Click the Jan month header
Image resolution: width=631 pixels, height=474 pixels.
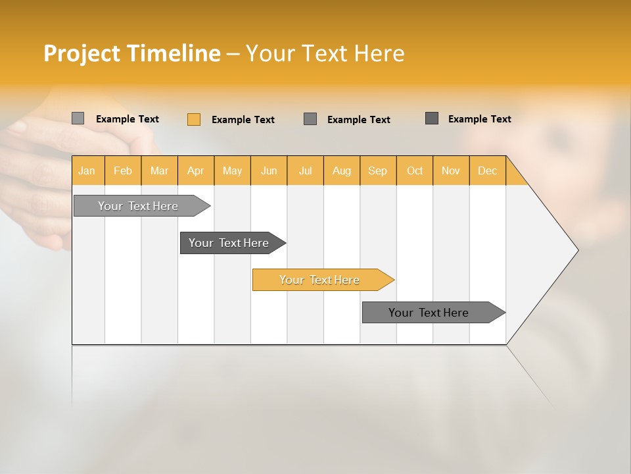tap(87, 171)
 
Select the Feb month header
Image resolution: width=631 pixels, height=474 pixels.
tap(123, 171)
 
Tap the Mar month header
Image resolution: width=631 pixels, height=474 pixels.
tap(159, 171)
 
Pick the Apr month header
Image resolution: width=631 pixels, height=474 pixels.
tap(196, 171)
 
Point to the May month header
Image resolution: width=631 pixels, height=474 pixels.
tap(232, 171)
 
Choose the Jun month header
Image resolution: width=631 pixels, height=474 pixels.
tap(269, 171)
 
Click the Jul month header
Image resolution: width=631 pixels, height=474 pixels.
tap(305, 171)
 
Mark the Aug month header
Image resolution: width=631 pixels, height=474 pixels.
tap(342, 171)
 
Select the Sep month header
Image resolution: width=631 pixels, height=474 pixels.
tap(378, 171)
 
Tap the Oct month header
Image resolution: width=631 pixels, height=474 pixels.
tap(415, 171)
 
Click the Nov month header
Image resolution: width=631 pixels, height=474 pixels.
tap(451, 171)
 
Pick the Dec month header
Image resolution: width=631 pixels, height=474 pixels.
tap(488, 171)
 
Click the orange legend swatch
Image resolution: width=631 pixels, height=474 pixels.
tap(194, 119)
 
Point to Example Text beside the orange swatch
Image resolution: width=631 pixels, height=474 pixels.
tap(243, 120)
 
